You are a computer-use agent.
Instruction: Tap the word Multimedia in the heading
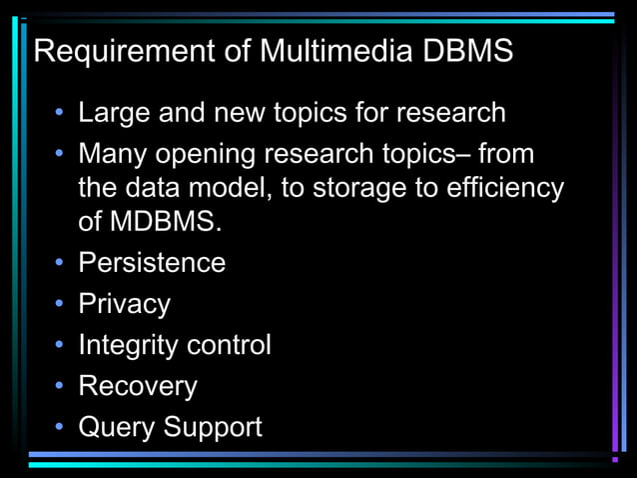(322, 51)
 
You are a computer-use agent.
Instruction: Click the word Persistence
(152, 263)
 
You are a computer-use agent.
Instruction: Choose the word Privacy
(124, 304)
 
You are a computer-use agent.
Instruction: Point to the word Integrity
(125, 346)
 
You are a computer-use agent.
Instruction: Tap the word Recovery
(138, 387)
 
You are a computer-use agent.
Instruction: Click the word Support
(213, 428)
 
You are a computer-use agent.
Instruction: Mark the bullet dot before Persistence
(60, 263)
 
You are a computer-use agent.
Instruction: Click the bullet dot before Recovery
(60, 386)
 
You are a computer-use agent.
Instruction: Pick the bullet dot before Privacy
(60, 304)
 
